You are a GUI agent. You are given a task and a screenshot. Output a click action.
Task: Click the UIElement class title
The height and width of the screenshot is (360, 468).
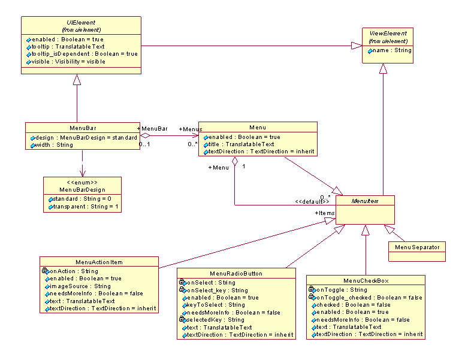click(x=81, y=22)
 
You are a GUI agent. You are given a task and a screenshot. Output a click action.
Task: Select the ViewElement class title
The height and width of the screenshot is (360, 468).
click(x=388, y=34)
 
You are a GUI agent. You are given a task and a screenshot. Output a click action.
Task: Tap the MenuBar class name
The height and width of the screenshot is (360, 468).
click(x=83, y=128)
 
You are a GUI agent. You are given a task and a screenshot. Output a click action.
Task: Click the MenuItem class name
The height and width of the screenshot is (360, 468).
click(x=364, y=201)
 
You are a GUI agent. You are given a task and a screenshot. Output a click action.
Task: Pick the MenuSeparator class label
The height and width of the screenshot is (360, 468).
click(x=417, y=247)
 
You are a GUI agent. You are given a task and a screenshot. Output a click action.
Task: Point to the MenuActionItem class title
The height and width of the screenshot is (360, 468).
click(x=99, y=262)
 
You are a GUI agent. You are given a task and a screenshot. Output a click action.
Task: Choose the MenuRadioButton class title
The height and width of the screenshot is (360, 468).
click(x=236, y=274)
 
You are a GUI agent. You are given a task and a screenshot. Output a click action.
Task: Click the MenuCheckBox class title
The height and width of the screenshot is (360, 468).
click(x=366, y=281)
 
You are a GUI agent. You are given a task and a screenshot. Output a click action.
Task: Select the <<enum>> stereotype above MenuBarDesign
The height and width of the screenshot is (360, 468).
click(x=83, y=181)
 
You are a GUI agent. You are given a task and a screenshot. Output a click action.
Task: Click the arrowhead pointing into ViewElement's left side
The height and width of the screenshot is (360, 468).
click(x=357, y=46)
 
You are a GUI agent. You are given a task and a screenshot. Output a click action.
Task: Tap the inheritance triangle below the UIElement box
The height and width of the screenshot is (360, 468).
click(x=77, y=79)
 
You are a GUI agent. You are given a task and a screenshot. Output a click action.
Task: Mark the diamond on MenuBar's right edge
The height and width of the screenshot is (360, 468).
click(x=145, y=135)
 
